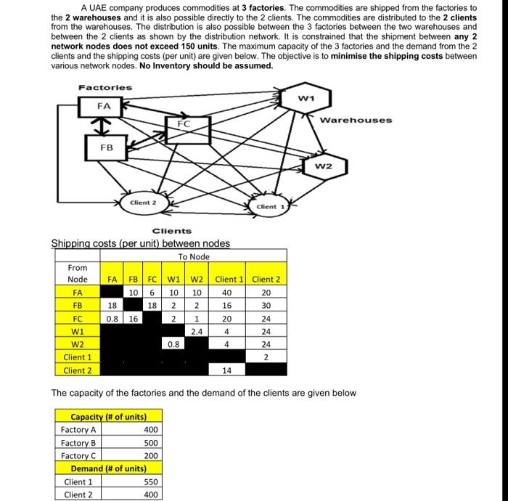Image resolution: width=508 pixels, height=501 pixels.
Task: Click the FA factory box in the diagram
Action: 105,106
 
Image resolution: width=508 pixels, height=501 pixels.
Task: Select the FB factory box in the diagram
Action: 106,147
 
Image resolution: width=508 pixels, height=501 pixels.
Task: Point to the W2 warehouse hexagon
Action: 324,167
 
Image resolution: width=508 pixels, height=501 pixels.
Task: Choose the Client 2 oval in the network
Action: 142,203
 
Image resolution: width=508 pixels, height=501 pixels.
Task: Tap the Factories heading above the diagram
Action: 105,87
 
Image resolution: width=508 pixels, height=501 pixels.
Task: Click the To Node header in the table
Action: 194,256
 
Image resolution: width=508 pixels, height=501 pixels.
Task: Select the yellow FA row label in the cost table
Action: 77,292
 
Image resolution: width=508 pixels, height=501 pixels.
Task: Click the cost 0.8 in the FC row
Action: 112,318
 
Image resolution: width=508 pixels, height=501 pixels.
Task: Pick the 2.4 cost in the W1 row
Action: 196,331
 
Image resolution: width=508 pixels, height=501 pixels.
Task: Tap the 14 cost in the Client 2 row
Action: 226,370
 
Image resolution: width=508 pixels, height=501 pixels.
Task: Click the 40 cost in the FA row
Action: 226,292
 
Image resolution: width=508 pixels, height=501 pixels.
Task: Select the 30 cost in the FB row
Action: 266,305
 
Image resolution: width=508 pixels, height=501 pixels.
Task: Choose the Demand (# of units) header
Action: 107,468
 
